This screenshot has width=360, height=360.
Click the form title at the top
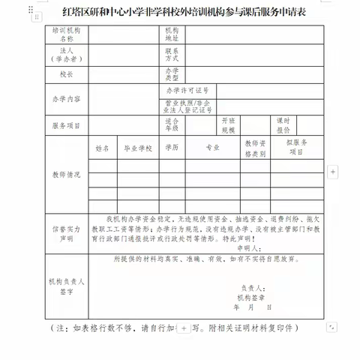[179, 13]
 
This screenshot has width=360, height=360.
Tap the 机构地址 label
[172, 35]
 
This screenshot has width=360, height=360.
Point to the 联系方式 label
[172, 55]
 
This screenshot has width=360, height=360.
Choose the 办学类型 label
[172, 75]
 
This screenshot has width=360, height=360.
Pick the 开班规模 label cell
[228, 125]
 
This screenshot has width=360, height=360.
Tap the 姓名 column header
[103, 148]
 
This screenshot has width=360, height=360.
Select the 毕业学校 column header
[138, 148]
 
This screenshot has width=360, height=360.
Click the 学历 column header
[172, 148]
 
